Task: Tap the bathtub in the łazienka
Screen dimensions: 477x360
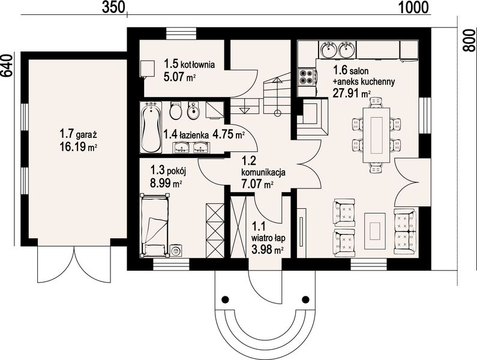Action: click(151, 128)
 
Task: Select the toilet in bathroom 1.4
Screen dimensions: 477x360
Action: click(176, 110)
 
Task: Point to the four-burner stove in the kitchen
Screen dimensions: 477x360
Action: click(307, 77)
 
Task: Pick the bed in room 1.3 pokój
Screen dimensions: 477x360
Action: click(154, 224)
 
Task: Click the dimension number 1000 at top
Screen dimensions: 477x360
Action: click(413, 7)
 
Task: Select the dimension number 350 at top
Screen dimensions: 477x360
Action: click(113, 7)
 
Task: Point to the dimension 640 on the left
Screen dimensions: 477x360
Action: click(7, 70)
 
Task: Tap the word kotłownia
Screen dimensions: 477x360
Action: click(198, 65)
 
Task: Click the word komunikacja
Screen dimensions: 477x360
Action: click(263, 173)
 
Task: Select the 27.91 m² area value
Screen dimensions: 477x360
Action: click(352, 93)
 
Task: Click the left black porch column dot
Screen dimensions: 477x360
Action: click(225, 299)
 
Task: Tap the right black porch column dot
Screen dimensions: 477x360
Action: click(305, 299)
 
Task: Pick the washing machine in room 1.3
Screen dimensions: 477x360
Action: click(176, 250)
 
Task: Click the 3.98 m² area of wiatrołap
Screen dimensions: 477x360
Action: click(268, 250)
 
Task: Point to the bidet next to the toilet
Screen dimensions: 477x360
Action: click(193, 110)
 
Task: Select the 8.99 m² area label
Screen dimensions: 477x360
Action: click(166, 183)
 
